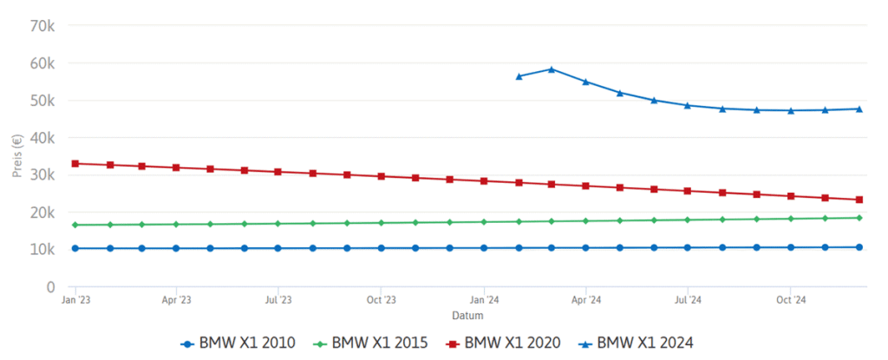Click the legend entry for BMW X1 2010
[238, 344]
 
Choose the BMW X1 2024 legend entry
[636, 344]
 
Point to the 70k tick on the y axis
[42, 25]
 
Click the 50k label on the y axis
[42, 100]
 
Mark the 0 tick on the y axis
[50, 286]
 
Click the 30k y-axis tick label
[42, 174]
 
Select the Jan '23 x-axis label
[75, 300]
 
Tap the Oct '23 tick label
[381, 300]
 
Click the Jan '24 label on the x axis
[484, 300]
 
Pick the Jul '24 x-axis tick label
[688, 300]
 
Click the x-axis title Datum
[467, 315]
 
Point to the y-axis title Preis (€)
[17, 156]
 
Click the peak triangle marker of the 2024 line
[552, 69]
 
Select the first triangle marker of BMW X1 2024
[519, 76]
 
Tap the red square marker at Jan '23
[75, 163]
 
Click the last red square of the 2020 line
[859, 200]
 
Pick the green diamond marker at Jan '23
[75, 225]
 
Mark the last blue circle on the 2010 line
[859, 247]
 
